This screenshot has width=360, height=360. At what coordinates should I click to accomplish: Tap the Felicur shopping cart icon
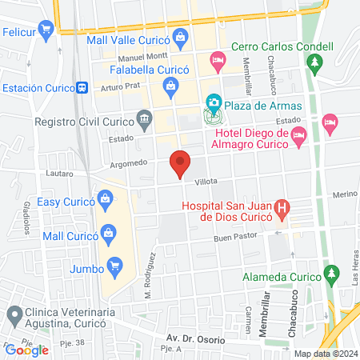pos(46,30)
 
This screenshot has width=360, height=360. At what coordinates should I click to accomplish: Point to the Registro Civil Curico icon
pos(144,121)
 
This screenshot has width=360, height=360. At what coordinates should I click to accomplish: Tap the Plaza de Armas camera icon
pos(213,102)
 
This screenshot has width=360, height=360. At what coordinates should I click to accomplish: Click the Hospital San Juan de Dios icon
pos(282,211)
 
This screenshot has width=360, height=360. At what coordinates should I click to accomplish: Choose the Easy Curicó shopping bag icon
pos(105,198)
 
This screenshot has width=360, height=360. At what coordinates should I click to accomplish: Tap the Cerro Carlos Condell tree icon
pos(317,61)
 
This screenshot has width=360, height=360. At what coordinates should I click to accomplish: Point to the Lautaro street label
pos(60,173)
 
